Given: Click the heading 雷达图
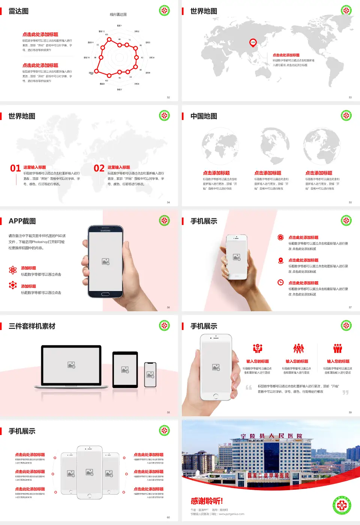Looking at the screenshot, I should coord(19,11).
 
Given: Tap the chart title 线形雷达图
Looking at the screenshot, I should coord(118,15).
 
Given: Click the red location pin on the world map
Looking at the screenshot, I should coord(253,42).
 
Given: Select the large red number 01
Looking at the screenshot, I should coord(15,168).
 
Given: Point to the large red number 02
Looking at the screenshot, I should coord(99,168).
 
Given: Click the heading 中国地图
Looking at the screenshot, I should coord(204,116).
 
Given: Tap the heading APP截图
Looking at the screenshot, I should coord(22,221).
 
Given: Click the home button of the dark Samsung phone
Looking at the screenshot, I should coord(105,294).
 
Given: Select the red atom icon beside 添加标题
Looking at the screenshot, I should coord(13,270).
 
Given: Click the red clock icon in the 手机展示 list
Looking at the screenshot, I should coord(280,282).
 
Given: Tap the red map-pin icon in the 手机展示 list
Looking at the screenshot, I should coord(280,260).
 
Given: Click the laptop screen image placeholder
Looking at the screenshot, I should coord(71,365).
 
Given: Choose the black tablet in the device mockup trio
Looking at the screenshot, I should coord(125,369).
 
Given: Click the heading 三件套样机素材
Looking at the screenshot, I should coord(32,326).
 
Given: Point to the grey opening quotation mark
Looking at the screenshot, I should coord(249,387).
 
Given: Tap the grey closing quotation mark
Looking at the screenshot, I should coord(345,392).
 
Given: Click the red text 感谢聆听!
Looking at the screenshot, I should coord(207,501).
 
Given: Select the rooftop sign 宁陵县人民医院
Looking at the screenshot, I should coord(271,436).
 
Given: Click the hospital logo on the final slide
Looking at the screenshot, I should coord(342,505).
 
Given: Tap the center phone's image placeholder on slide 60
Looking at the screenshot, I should coord(90,472).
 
